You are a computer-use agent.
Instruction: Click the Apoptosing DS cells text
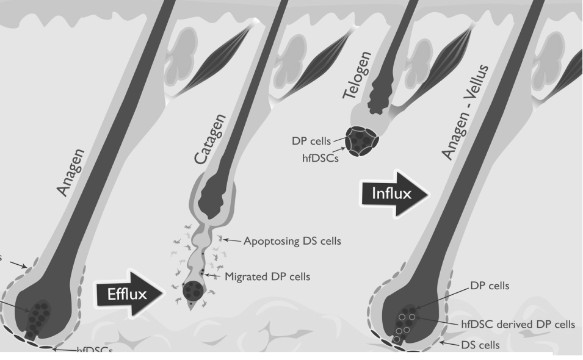tap(292, 241)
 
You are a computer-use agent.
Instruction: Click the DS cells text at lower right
tap(481, 345)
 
